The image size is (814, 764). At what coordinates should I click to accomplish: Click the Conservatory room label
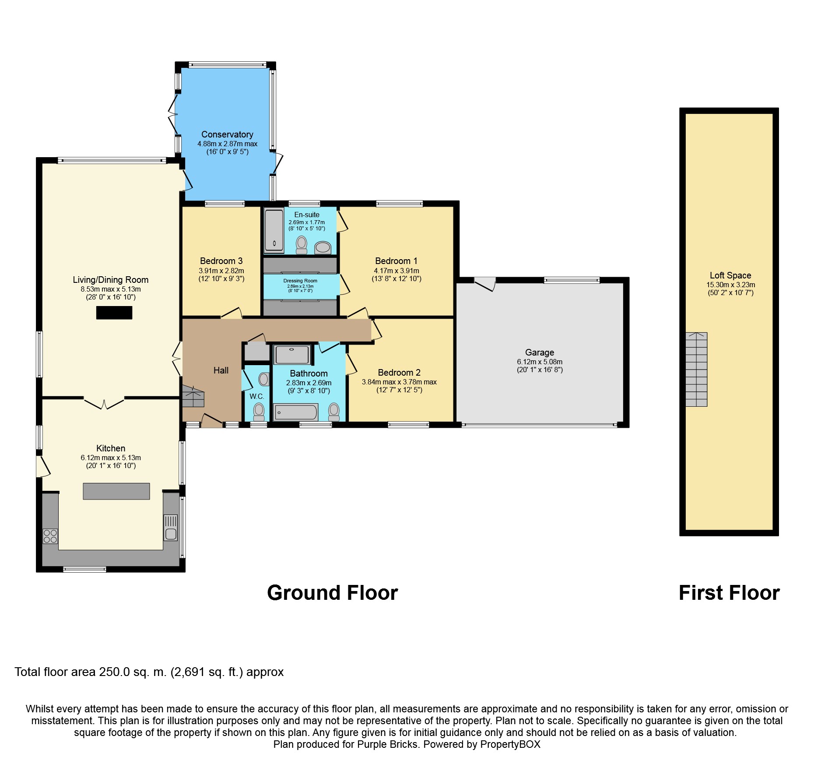tap(227, 134)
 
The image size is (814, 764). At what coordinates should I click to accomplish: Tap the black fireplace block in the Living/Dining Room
tap(114, 313)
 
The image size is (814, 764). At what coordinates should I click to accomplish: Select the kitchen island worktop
tap(116, 491)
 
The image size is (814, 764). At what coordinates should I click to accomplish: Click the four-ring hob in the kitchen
tap(50, 536)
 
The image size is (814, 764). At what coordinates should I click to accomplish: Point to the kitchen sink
tap(171, 528)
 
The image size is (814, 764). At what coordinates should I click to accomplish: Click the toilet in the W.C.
tap(259, 411)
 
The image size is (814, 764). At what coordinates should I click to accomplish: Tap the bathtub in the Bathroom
tap(295, 412)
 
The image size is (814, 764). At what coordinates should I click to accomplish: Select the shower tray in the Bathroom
tap(292, 355)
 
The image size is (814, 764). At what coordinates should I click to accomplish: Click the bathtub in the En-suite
tap(274, 231)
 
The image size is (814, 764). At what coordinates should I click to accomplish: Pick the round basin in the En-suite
tap(323, 247)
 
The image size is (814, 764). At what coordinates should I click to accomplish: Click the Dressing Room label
tap(300, 281)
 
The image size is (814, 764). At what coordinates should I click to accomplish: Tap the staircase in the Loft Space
tap(696, 370)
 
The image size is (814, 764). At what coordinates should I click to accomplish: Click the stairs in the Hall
tap(193, 396)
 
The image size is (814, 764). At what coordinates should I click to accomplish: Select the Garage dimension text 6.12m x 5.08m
tap(540, 362)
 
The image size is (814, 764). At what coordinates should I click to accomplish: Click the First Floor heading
tap(729, 593)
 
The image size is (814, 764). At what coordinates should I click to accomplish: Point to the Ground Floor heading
tap(333, 593)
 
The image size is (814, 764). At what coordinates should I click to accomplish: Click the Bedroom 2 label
tap(399, 373)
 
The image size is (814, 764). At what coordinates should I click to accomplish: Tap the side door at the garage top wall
tap(485, 284)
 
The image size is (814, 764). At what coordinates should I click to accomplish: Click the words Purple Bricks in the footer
tap(387, 744)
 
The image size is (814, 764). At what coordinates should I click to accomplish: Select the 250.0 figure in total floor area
tap(115, 672)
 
